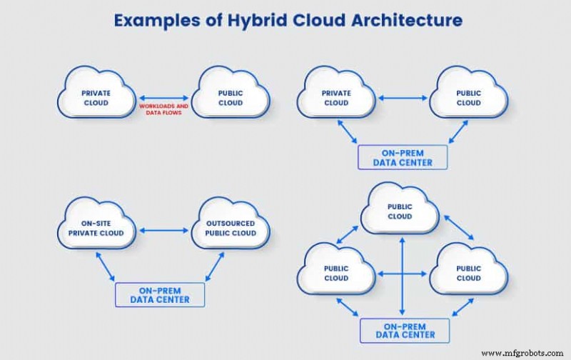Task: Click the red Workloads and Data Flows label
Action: tap(163, 109)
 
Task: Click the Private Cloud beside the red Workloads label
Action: tap(96, 98)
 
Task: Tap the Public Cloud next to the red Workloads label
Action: tap(231, 98)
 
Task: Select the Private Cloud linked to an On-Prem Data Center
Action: tap(336, 98)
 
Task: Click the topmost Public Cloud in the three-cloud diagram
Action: tap(400, 211)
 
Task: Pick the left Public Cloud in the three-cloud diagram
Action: tap(336, 273)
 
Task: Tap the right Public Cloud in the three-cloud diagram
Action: tap(469, 273)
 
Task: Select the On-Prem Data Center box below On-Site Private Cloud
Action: tap(160, 295)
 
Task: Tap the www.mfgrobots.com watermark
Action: tap(523, 353)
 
